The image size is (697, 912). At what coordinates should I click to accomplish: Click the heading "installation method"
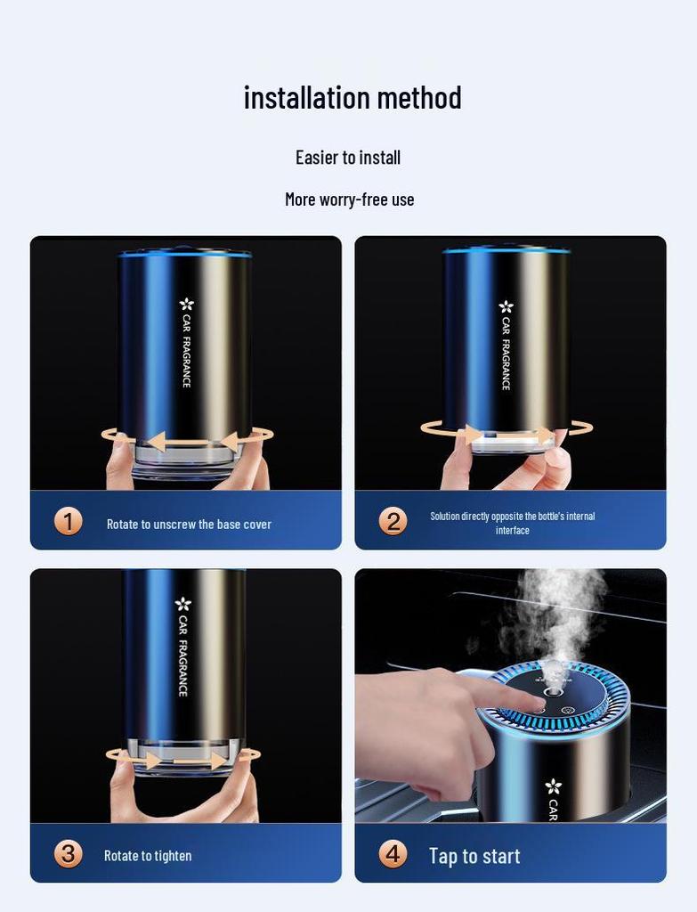tap(353, 97)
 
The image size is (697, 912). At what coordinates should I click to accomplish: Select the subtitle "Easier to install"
tap(348, 158)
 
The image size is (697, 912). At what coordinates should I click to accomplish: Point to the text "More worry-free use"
tap(349, 199)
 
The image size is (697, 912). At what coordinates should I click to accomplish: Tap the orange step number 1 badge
tap(68, 521)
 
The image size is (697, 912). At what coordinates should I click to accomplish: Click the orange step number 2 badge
tap(393, 521)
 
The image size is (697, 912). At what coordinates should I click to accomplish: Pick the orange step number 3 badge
tap(68, 854)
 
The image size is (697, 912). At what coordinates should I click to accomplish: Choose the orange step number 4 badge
tap(393, 854)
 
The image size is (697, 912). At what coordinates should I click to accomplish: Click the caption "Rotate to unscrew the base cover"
tap(189, 525)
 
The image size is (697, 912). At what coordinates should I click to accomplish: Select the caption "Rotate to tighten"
tap(148, 856)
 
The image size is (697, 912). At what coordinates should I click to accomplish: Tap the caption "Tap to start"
tap(474, 856)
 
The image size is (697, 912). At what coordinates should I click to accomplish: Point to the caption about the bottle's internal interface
tap(513, 523)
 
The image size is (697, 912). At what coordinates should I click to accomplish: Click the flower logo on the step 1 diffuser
tap(186, 305)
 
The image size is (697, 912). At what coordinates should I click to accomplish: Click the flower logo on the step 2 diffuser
tap(506, 307)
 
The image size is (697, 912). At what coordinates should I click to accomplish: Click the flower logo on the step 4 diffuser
tap(553, 786)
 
